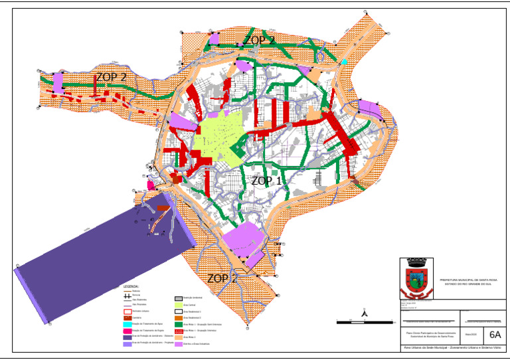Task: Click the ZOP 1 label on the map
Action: (266, 180)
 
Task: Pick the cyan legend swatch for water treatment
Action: (127, 323)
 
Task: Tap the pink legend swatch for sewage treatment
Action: (127, 329)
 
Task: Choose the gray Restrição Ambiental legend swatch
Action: (178, 298)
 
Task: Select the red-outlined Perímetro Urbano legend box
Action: (127, 311)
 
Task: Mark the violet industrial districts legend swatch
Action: (178, 343)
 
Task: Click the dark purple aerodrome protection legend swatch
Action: (127, 336)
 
